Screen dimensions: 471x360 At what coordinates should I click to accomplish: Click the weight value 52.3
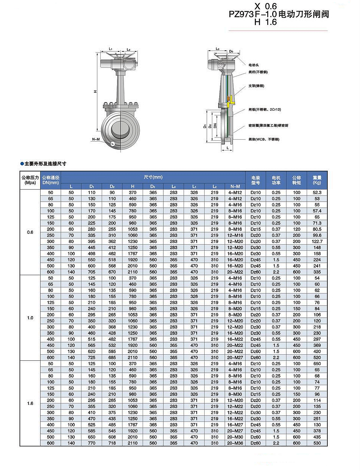tap(317, 192)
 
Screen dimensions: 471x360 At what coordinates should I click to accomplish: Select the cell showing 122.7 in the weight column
tap(317, 241)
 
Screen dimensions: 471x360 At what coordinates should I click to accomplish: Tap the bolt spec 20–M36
tap(235, 443)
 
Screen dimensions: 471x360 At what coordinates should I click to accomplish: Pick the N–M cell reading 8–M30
tap(235, 394)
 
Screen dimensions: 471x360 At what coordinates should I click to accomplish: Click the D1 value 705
tap(92, 272)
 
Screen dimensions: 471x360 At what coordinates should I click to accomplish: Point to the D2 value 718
tap(112, 443)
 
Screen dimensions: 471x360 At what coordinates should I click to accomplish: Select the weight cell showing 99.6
tap(317, 235)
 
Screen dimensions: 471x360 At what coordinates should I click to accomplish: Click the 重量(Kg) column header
tap(317, 180)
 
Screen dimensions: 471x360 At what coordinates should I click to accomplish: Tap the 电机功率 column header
tap(276, 180)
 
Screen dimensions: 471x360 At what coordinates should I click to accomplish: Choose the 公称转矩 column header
tap(297, 180)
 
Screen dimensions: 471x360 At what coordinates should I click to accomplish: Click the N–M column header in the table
tap(235, 186)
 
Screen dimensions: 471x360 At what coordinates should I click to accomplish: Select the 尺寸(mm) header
tap(153, 177)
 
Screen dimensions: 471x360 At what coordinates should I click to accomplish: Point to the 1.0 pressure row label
tap(30, 318)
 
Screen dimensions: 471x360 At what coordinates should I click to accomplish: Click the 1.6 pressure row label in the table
tap(30, 403)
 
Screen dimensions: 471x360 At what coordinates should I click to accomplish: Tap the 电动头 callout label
tap(254, 65)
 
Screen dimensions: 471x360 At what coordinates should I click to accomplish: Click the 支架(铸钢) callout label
tap(256, 86)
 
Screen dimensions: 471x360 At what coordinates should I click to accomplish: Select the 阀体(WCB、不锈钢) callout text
tap(264, 139)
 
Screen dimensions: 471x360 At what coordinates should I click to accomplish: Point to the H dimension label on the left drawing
tap(95, 92)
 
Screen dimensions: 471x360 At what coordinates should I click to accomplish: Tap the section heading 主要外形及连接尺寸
tap(45, 164)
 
